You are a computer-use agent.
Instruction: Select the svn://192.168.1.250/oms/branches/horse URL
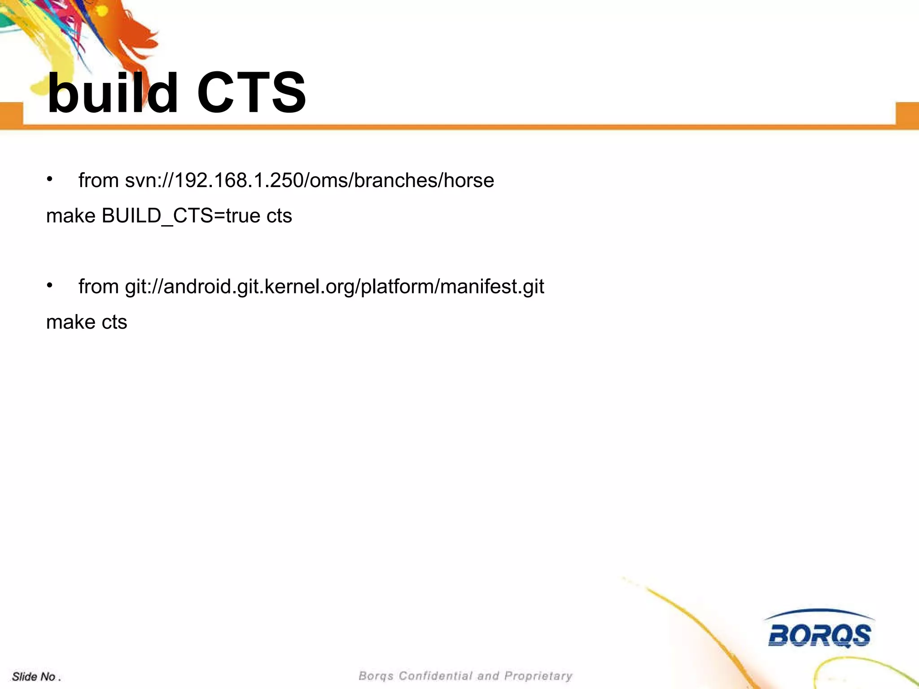point(309,180)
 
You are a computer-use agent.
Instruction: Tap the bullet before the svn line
point(50,179)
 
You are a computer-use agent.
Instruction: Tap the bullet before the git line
point(50,285)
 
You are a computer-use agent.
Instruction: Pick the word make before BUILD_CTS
point(70,216)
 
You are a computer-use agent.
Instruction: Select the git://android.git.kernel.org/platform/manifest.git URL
point(334,287)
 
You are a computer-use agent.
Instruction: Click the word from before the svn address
point(98,180)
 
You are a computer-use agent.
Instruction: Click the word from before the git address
point(98,287)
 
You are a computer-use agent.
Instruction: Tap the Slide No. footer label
point(36,676)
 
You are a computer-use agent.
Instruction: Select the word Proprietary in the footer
point(538,676)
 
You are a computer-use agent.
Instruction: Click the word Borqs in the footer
point(376,676)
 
